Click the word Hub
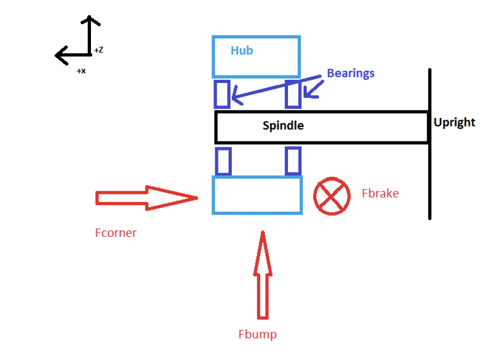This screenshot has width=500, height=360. click(x=241, y=51)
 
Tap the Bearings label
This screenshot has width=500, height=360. click(x=351, y=73)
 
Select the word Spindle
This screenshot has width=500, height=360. click(x=283, y=126)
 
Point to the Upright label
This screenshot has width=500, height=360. click(x=454, y=122)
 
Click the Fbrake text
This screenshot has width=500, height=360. click(x=380, y=193)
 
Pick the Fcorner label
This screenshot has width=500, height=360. click(x=116, y=233)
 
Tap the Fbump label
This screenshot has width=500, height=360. click(x=257, y=335)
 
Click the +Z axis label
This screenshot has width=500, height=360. click(x=99, y=50)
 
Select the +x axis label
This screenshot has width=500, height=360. click(x=81, y=70)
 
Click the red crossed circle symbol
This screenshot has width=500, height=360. click(x=332, y=195)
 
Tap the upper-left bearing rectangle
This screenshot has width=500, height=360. click(x=222, y=94)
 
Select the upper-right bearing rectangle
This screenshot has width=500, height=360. click(x=293, y=94)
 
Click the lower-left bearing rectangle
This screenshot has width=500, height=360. click(x=223, y=161)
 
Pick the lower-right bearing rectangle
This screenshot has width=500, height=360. click(x=293, y=161)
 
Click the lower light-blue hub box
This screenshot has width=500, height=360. click(x=257, y=195)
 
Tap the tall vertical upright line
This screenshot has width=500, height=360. click(x=429, y=177)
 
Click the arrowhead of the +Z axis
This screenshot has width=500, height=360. click(x=90, y=21)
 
